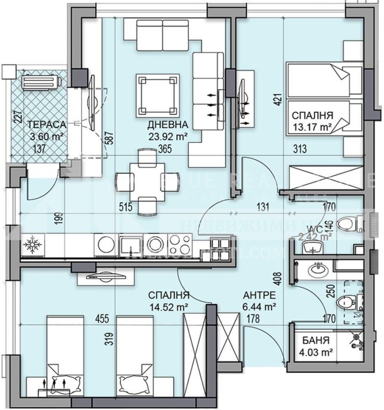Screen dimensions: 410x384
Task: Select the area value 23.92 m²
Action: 167,136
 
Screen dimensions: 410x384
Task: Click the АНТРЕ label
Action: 259,295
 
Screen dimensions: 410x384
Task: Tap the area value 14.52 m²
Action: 168,306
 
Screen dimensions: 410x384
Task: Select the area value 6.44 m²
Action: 259,305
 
